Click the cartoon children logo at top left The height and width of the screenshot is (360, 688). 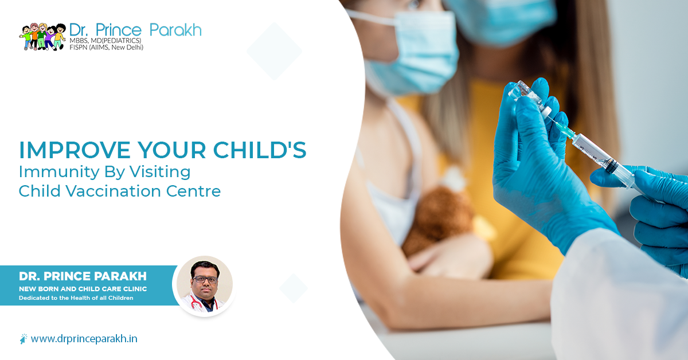42,37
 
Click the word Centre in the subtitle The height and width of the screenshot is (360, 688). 197,191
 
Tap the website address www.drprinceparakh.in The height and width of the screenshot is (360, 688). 84,338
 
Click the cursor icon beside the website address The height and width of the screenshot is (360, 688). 23,339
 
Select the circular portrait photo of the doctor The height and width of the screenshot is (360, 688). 204,285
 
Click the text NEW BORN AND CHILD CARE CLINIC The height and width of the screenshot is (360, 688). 83,289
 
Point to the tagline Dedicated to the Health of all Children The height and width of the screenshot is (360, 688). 76,298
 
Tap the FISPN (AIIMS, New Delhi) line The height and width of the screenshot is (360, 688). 106,48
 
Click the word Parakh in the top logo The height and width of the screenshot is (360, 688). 175,29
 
